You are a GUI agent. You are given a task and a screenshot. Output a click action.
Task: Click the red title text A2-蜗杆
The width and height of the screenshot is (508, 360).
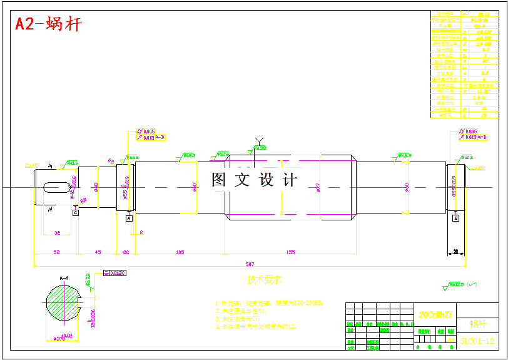click(x=48, y=24)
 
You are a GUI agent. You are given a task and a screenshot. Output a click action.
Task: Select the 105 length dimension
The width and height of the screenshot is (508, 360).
click(x=180, y=252)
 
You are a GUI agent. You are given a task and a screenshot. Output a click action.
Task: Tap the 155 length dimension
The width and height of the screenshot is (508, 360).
click(x=291, y=252)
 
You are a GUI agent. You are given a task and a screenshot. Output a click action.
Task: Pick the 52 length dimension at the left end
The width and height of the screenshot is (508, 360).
click(x=56, y=252)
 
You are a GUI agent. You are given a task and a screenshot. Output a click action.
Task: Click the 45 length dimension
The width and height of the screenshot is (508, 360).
click(x=98, y=252)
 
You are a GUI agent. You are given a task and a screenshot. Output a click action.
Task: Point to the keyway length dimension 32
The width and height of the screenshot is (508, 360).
click(x=57, y=232)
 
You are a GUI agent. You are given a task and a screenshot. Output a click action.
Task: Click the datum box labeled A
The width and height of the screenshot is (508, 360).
click(x=130, y=219)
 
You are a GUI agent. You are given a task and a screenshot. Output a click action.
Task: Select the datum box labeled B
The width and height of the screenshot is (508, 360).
click(x=456, y=218)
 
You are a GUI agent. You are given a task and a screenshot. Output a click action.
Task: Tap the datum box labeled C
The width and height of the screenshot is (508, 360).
click(x=76, y=213)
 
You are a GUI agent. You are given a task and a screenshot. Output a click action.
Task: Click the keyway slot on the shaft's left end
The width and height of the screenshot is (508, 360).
click(x=56, y=187)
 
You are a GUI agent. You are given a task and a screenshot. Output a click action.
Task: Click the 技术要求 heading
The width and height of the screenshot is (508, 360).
click(x=264, y=279)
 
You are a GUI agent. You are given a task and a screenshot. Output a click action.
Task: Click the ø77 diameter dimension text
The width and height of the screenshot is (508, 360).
click(x=319, y=187)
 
